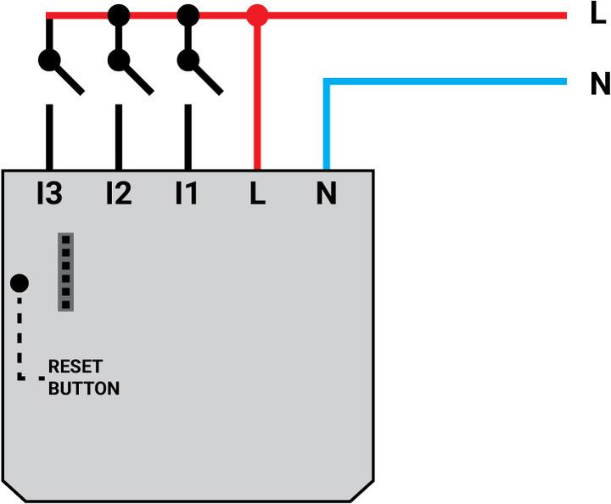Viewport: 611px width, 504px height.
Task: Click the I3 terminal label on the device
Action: click(49, 194)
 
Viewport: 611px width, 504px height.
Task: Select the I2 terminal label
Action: click(118, 194)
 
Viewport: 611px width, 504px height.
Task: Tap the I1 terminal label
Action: click(187, 194)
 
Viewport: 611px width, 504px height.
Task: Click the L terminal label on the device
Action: click(257, 194)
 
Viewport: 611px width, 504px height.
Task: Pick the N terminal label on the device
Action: click(326, 194)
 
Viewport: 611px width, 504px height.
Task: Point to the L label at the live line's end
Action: click(597, 15)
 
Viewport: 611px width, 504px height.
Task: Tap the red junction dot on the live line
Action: click(256, 15)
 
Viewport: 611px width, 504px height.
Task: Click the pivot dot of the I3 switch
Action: click(49, 60)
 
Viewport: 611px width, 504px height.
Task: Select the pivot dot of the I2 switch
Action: click(119, 60)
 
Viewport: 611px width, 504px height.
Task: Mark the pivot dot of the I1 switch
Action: click(188, 60)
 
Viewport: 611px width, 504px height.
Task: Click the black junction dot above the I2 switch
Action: click(119, 15)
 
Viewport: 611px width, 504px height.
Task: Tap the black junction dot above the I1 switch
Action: click(188, 15)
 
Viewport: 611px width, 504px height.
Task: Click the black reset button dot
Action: click(19, 283)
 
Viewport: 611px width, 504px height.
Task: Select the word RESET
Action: click(75, 367)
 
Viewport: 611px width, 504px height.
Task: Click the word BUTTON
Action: click(83, 389)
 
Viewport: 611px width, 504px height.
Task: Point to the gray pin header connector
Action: click(65, 272)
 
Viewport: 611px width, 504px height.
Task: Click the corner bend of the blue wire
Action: click(327, 82)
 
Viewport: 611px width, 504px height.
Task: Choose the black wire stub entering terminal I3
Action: click(49, 136)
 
